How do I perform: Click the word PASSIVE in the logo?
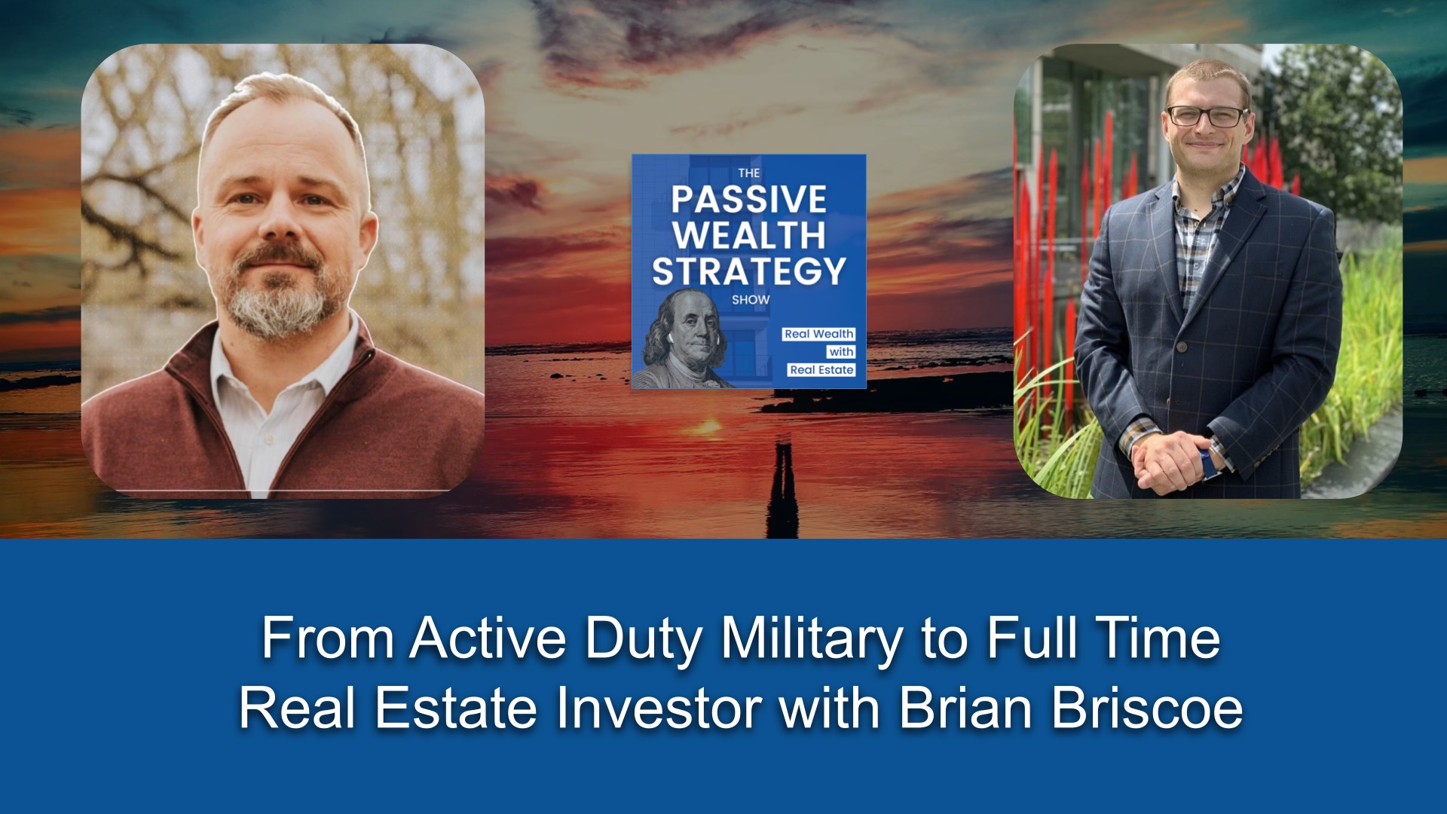pos(748,200)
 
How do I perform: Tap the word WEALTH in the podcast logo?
pos(748,235)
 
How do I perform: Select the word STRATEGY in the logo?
pos(748,271)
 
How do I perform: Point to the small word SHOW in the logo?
pos(751,300)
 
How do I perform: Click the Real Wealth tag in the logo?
pos(818,334)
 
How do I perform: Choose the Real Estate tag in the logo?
pos(821,370)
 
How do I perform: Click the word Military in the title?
pos(811,638)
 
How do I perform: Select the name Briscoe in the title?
pos(1146,708)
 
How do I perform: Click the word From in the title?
pos(328,638)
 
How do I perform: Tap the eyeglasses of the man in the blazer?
pos(1207,117)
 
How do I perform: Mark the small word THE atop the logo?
pos(749,173)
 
